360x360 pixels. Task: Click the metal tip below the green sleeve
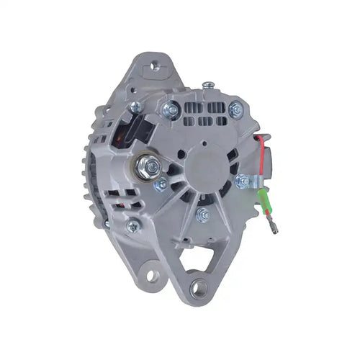coord(276,230)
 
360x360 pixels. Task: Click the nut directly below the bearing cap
coord(203,213)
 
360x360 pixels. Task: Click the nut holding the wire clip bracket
coord(242,181)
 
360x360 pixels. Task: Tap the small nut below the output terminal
coord(160,185)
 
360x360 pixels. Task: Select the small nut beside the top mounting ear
coord(135,107)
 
